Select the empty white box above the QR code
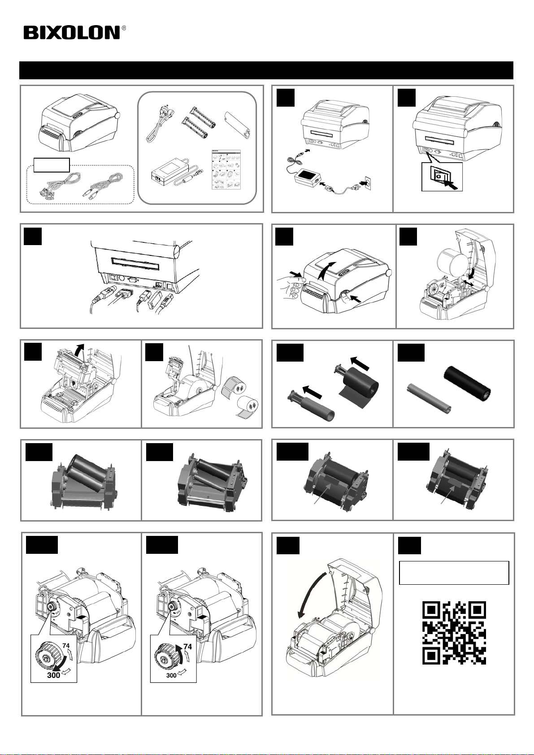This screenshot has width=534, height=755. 454,573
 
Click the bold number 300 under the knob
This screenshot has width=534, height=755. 54,675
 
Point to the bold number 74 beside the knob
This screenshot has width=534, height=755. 187,647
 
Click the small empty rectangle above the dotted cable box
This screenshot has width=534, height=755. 52,165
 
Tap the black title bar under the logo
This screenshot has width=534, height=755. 266,70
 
